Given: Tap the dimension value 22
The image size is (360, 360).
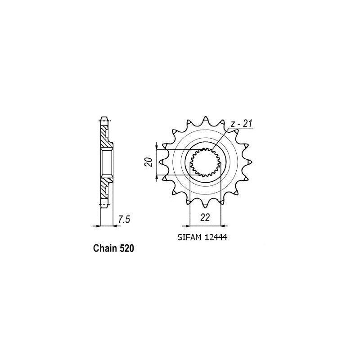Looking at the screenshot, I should (x=205, y=217).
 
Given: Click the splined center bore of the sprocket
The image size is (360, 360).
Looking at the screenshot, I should (x=205, y=162).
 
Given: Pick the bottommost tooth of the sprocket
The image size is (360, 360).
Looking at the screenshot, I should (x=205, y=207).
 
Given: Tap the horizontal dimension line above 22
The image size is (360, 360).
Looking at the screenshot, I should (x=205, y=225).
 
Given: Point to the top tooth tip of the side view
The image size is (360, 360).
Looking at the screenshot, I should (x=104, y=120).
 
